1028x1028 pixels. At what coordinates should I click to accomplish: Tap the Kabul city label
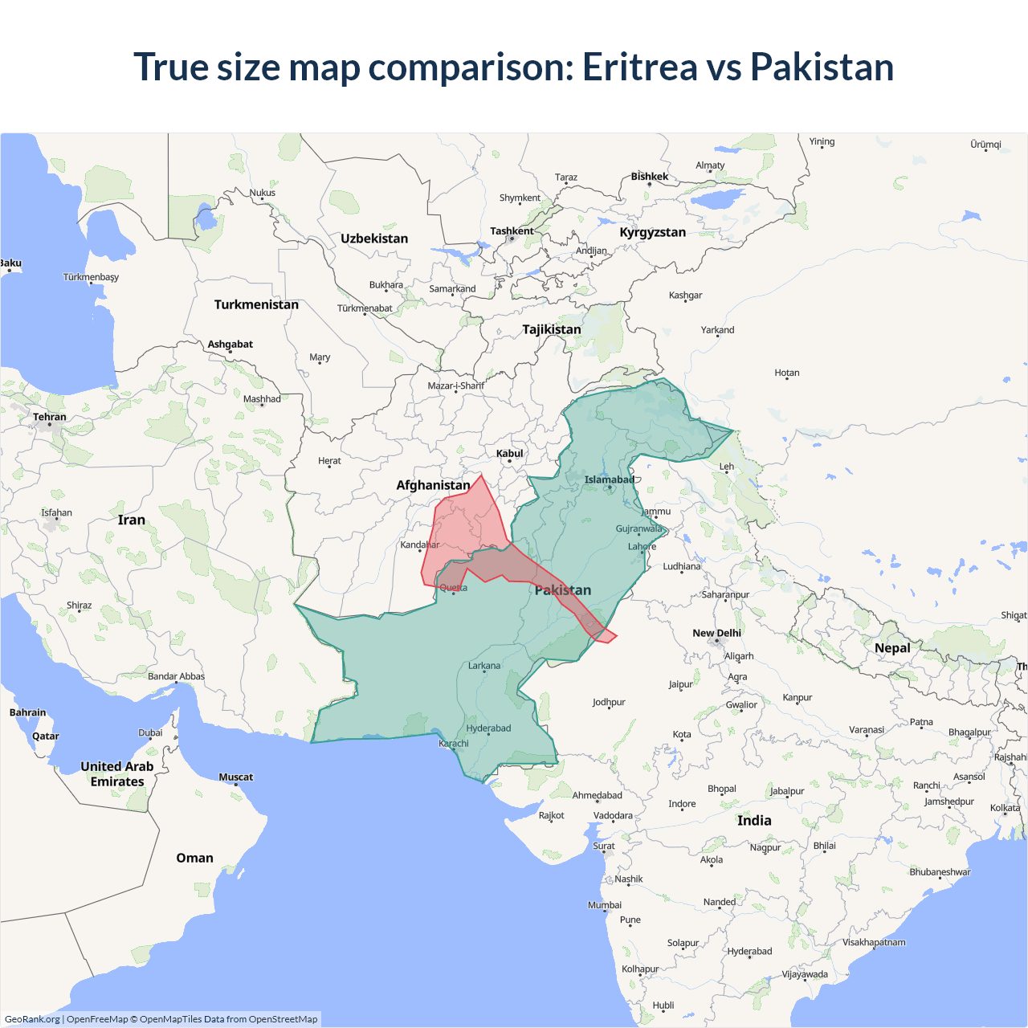click(x=509, y=454)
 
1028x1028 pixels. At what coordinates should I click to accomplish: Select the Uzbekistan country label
click(x=374, y=239)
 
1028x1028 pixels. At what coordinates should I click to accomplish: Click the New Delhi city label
click(x=716, y=633)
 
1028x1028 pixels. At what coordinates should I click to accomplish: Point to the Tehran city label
click(x=50, y=417)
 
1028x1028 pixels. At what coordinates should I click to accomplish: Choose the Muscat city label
click(x=235, y=777)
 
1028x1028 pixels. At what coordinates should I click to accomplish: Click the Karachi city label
click(x=454, y=744)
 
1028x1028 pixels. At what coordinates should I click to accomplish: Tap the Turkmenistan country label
click(x=256, y=304)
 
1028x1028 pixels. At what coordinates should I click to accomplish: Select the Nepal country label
click(x=892, y=648)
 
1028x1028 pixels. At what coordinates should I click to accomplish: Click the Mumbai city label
click(x=605, y=905)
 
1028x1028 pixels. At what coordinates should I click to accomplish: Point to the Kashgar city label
click(x=685, y=296)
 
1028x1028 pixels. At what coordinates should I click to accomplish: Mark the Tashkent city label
click(x=512, y=231)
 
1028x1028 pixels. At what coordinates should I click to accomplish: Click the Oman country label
click(x=194, y=858)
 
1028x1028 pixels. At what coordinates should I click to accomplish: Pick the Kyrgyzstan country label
click(x=652, y=232)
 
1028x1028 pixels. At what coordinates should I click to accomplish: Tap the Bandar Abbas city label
click(x=176, y=676)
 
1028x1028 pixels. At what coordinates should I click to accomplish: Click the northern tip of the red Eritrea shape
click(x=481, y=475)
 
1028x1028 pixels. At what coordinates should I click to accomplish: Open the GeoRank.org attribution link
click(x=32, y=1019)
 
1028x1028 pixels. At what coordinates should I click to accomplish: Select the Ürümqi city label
click(x=985, y=145)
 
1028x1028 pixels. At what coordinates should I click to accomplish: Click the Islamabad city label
click(x=609, y=480)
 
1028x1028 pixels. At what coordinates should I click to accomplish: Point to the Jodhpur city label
click(x=609, y=702)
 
